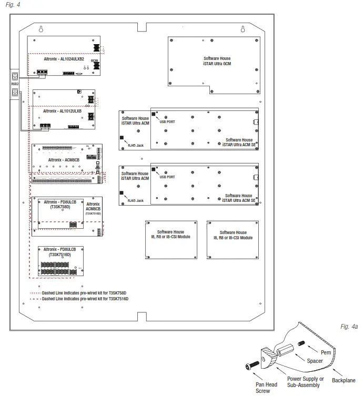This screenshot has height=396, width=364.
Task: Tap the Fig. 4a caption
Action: [349, 327]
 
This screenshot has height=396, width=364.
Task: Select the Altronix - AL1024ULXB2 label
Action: [64, 59]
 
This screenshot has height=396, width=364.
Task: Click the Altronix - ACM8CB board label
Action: [64, 158]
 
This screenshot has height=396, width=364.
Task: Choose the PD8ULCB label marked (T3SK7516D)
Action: [60, 252]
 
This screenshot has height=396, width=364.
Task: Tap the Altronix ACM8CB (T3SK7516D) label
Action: [93, 208]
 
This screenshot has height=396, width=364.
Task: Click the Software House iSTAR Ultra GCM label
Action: [217, 61]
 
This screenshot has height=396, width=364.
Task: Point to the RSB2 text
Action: [15, 84]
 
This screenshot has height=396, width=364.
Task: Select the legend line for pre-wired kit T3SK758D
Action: [79, 292]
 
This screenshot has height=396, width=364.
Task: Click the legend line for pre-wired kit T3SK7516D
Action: [79, 298]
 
